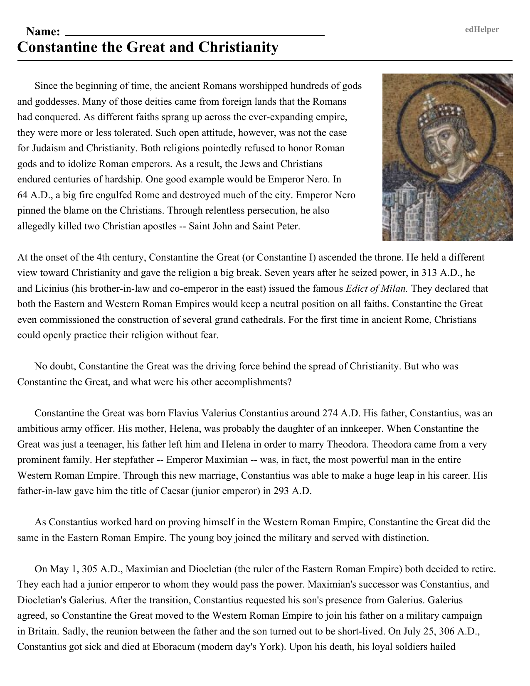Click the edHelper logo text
pos(482,29)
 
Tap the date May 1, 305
pos(74,569)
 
